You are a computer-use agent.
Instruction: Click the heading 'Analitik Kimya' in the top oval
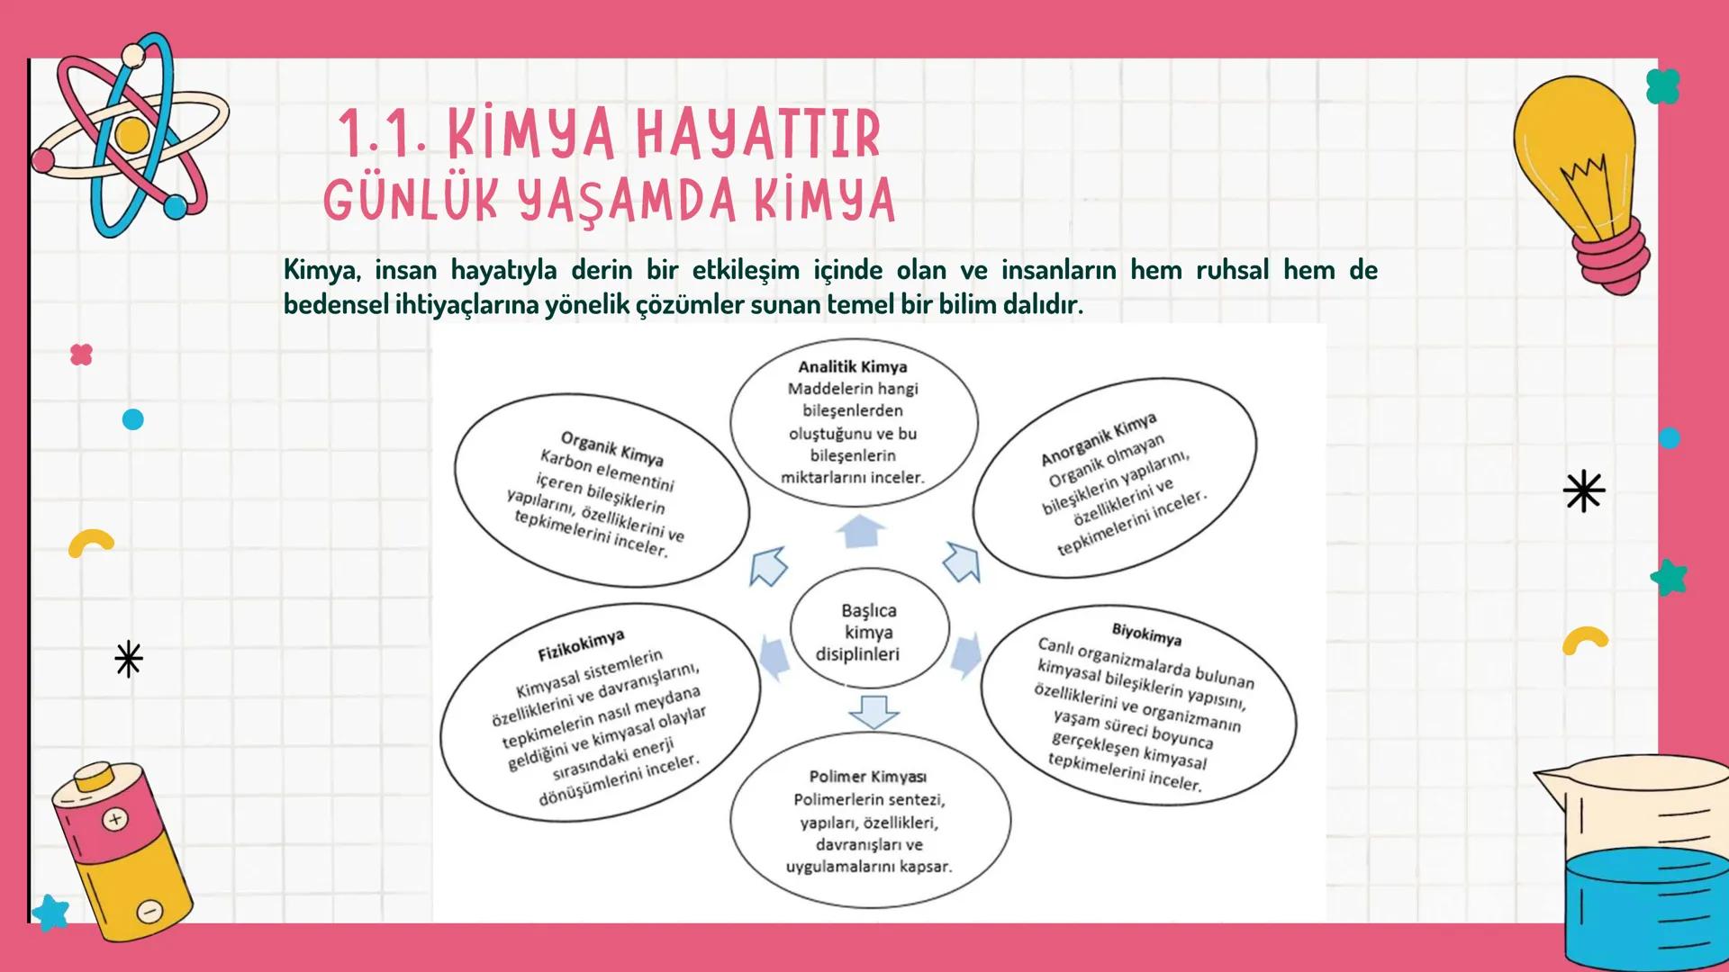coord(852,367)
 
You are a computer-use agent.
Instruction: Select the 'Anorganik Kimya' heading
coord(1099,440)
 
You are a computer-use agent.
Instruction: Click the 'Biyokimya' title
coord(1146,635)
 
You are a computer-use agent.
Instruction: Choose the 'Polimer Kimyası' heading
coord(867,777)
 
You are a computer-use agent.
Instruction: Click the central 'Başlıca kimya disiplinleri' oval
coord(868,632)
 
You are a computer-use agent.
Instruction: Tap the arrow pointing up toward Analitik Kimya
coord(861,531)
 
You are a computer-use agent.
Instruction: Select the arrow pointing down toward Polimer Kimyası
coord(873,711)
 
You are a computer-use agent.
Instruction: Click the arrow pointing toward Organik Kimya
coord(768,567)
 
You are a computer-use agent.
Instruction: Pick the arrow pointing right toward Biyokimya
coord(965,653)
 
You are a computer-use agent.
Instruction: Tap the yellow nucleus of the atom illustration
coord(132,136)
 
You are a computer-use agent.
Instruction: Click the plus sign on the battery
coord(115,819)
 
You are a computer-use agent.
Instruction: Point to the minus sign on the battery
coord(149,911)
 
